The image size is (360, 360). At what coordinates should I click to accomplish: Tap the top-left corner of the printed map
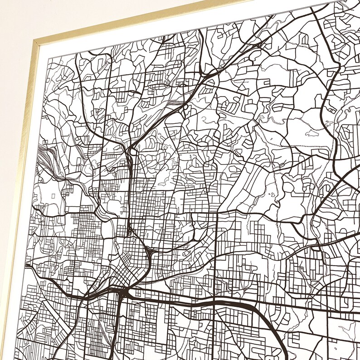(x=49, y=58)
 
